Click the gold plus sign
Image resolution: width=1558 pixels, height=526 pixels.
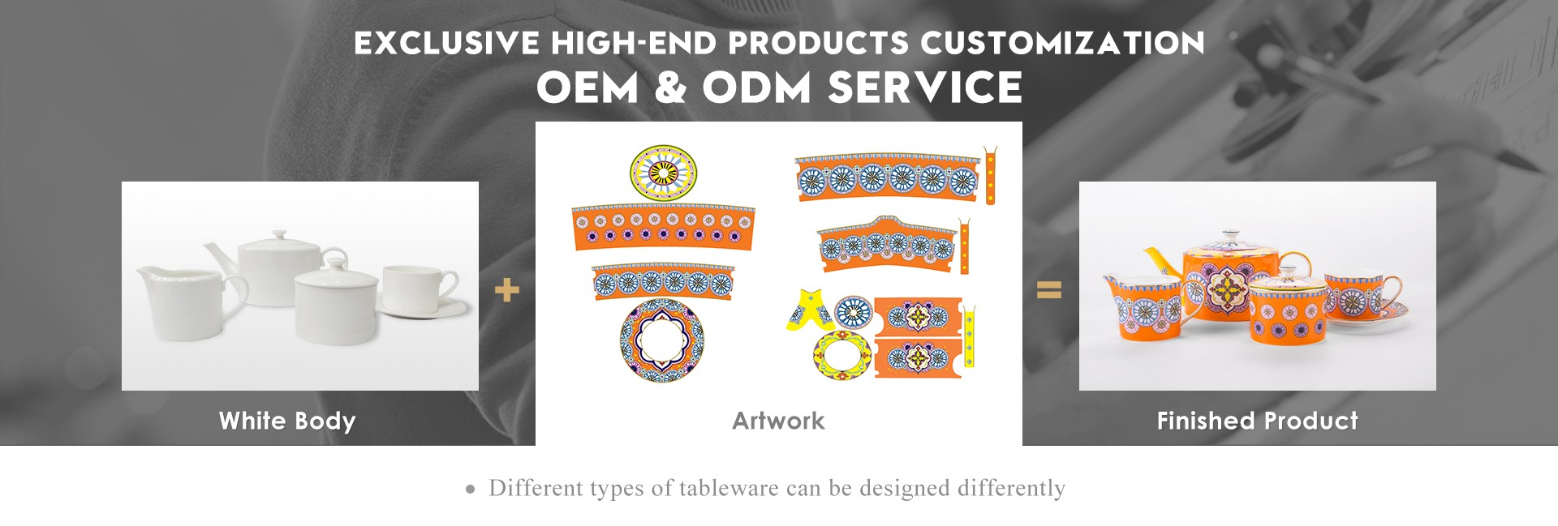(506, 290)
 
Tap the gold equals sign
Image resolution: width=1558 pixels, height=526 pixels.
(1049, 289)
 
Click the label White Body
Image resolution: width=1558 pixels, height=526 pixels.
(287, 421)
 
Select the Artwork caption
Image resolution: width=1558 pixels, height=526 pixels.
(778, 421)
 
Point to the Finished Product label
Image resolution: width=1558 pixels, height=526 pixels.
(1257, 421)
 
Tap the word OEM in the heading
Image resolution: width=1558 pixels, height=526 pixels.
(587, 88)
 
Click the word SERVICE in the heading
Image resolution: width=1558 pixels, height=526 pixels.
(924, 88)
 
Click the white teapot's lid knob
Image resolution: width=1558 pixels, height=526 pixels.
(279, 235)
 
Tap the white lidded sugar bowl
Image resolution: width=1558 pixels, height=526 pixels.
(336, 298)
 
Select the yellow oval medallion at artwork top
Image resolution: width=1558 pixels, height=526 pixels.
(663, 173)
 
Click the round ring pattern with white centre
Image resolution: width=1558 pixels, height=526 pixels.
(661, 340)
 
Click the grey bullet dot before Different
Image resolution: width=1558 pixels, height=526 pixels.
(471, 490)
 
